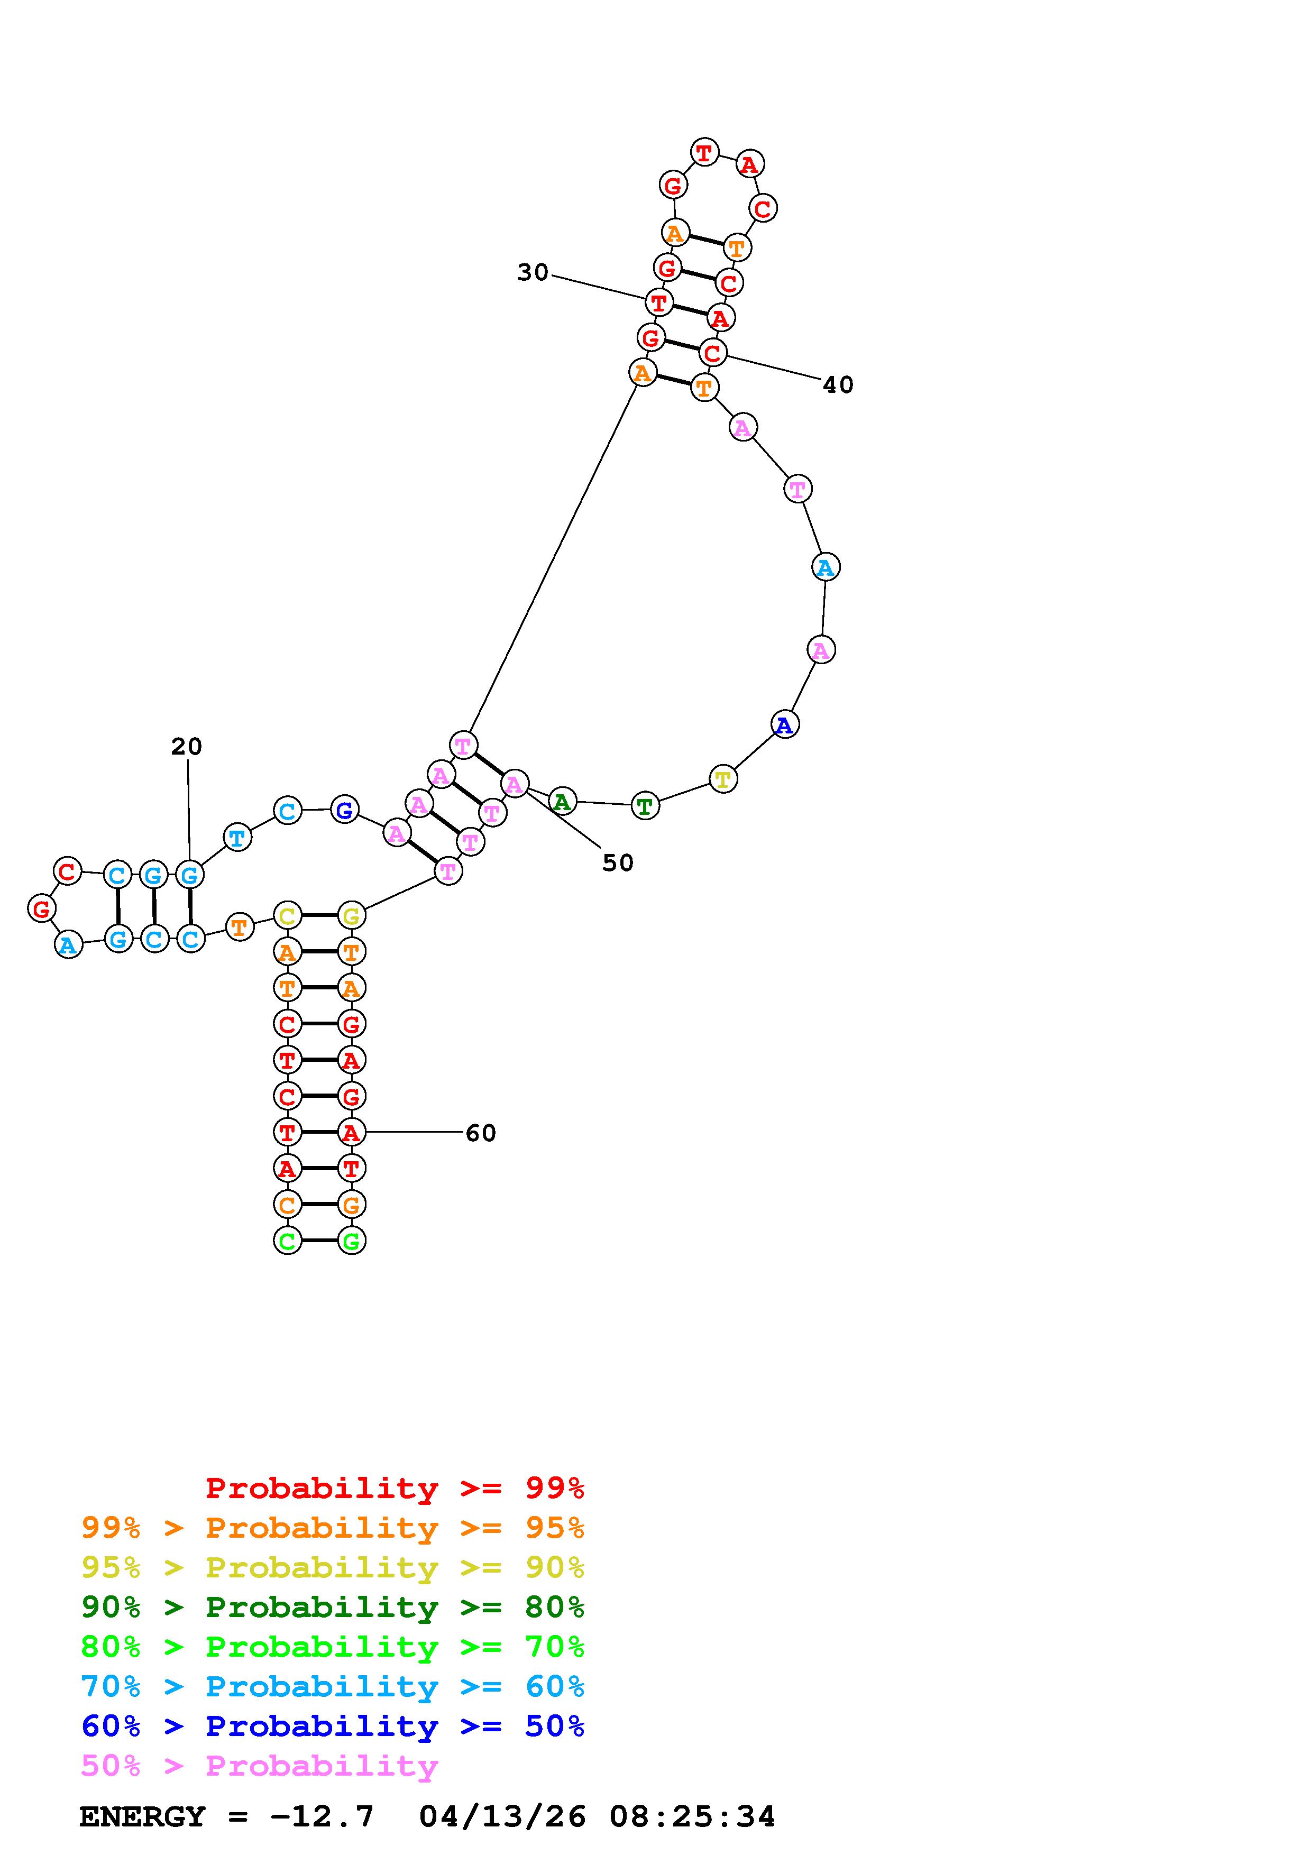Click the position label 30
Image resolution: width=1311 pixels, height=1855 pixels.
(533, 273)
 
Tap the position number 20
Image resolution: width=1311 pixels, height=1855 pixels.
(187, 747)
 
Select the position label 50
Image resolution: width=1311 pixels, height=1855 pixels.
(618, 863)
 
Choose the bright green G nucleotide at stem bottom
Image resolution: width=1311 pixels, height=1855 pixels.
(351, 1240)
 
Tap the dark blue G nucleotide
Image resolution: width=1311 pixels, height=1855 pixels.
(345, 810)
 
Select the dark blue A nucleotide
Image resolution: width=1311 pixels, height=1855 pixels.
(784, 725)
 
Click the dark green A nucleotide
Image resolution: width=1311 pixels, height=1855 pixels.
(562, 802)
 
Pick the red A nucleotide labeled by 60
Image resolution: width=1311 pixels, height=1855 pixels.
(351, 1133)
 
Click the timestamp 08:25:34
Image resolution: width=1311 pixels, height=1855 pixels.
(692, 1816)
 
